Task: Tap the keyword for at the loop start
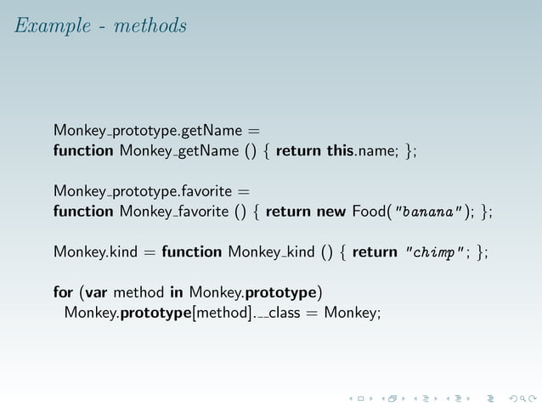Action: coord(63,293)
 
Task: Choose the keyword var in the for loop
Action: coord(96,293)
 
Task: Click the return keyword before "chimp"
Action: coord(375,252)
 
